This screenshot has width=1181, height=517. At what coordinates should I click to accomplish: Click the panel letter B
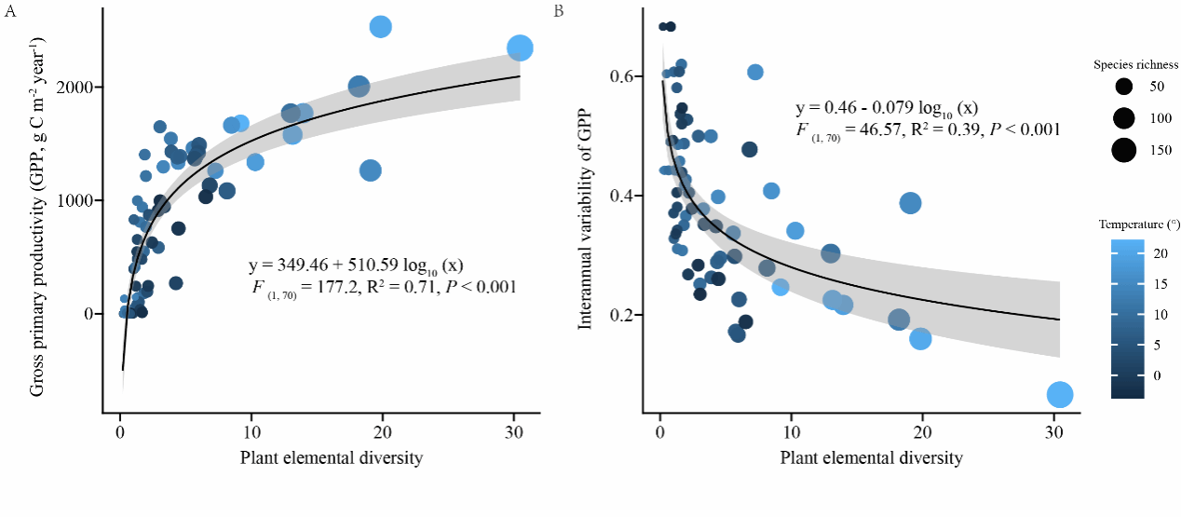pos(558,11)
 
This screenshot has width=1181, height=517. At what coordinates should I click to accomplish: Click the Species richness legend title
pos(1136,65)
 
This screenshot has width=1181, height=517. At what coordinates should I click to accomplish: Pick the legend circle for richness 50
pos(1124,87)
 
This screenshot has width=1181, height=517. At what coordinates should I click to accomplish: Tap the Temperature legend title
pos(1136,224)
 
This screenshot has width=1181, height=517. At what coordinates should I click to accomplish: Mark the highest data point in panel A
pos(380,27)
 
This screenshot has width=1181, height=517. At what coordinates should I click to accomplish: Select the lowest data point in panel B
pos(1060,395)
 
